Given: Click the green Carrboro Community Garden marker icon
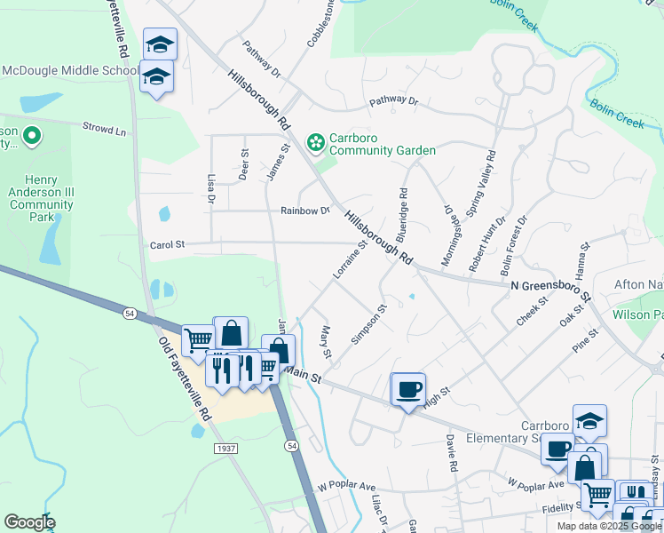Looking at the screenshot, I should [315, 142].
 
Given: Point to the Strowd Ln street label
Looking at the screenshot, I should [104, 130].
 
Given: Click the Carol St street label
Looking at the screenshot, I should [167, 244].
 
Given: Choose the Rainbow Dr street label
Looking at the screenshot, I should [304, 211].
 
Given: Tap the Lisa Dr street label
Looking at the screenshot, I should [211, 188].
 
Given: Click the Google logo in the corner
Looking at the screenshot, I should [29, 522].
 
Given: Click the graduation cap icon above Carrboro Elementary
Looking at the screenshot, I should [589, 420].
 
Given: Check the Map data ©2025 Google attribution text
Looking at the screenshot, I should [609, 526].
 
